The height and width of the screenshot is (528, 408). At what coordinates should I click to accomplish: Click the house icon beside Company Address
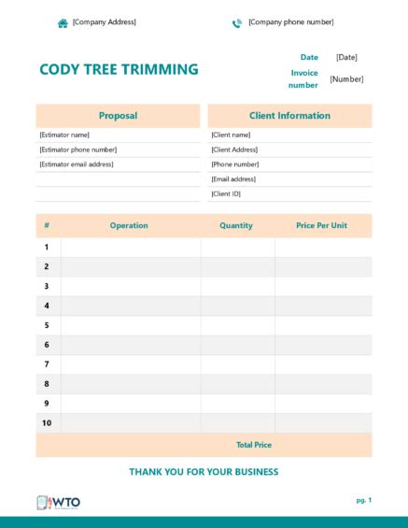tap(63, 22)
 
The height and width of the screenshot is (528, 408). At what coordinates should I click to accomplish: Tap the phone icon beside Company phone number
tap(237, 22)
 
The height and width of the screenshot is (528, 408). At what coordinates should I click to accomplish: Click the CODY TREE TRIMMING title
tap(119, 69)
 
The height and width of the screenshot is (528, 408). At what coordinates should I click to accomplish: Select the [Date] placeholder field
tap(346, 58)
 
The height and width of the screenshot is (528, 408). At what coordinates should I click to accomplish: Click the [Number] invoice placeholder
tap(346, 79)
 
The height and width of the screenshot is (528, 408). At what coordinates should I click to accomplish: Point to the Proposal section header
tap(118, 116)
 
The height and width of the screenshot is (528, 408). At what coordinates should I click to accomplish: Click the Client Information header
tap(289, 116)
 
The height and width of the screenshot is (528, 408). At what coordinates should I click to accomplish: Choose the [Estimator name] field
tap(64, 135)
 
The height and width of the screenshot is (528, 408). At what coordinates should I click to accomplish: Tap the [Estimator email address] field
tap(77, 164)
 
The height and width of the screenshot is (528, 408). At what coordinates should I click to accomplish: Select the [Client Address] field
tap(235, 150)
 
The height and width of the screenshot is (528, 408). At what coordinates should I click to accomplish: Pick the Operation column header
tap(129, 225)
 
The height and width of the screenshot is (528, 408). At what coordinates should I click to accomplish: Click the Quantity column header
tap(236, 225)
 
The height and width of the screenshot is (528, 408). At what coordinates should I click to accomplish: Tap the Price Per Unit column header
tap(321, 225)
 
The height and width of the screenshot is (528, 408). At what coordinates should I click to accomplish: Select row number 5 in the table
tap(47, 325)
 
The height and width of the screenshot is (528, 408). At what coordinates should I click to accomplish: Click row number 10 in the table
tap(47, 422)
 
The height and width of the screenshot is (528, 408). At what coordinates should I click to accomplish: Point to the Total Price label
tap(254, 445)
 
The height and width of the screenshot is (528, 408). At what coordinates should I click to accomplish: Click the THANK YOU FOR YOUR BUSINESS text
tap(204, 472)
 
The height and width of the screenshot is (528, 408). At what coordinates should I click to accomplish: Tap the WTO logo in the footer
tap(58, 502)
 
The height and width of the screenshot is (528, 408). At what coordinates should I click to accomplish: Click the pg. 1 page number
tap(363, 501)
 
